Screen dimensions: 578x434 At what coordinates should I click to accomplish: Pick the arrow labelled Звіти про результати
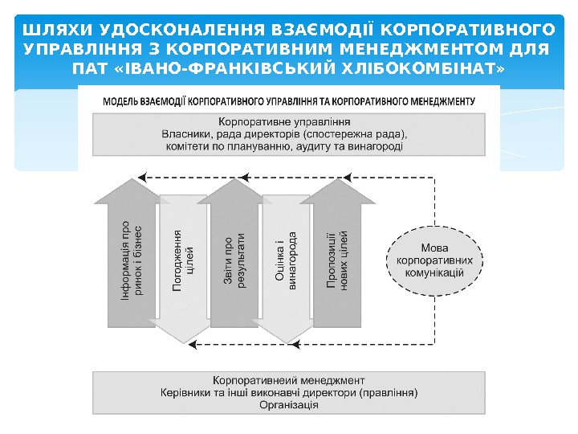tap(235, 257)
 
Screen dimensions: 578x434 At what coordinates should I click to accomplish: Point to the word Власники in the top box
tap(187, 135)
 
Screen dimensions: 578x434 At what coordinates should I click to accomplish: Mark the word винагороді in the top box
tap(378, 147)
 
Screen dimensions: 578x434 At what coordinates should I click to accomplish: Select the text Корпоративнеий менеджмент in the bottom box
tap(289, 380)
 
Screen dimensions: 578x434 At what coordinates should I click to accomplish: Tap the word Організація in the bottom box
tap(288, 405)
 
